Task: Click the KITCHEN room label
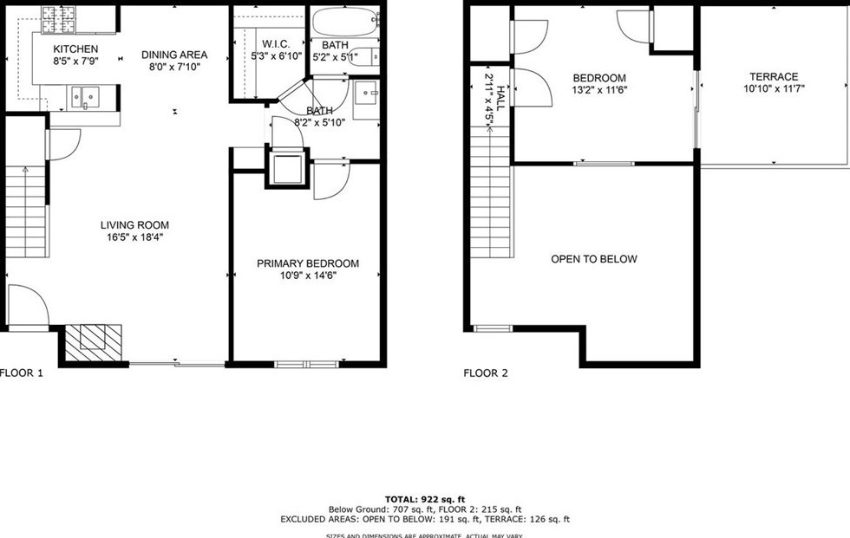pyautogui.click(x=75, y=49)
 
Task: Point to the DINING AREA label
pyautogui.click(x=174, y=55)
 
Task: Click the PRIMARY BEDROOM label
pyautogui.click(x=307, y=263)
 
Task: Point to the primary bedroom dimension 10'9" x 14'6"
pyautogui.click(x=307, y=275)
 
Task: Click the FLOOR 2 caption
pyautogui.click(x=486, y=373)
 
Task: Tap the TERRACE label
pyautogui.click(x=774, y=77)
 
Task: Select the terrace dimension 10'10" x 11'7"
pyautogui.click(x=774, y=88)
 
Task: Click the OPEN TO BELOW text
pyautogui.click(x=594, y=259)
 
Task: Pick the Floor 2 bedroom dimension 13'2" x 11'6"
pyautogui.click(x=598, y=89)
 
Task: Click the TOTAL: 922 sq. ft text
pyautogui.click(x=425, y=499)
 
